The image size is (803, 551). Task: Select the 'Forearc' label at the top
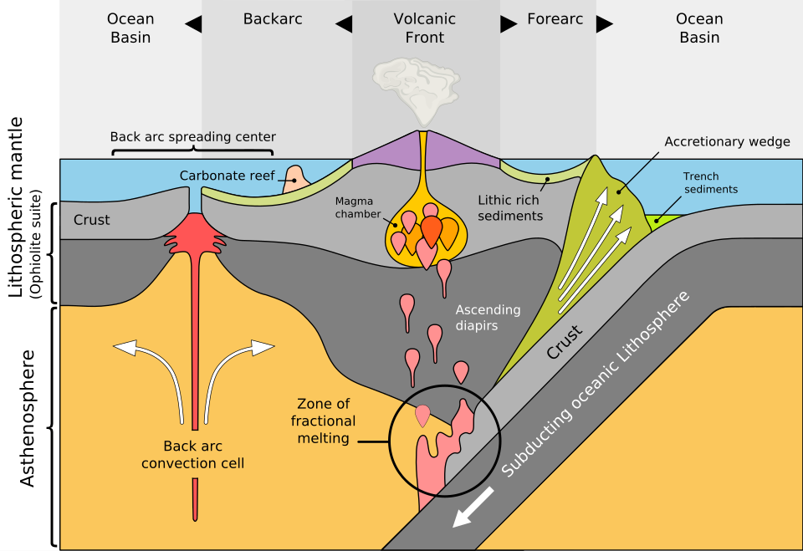[x=555, y=18]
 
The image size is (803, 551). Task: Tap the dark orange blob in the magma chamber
[x=431, y=230]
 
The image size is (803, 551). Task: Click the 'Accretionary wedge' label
[x=727, y=141]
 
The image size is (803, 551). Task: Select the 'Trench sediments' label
[x=710, y=182]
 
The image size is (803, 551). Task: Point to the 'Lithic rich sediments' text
[x=510, y=208]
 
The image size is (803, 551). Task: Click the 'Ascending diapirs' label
[x=488, y=318]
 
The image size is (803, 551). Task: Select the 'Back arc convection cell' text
[x=192, y=454]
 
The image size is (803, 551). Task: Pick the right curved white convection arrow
[x=234, y=368]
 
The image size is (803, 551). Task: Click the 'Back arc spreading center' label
[x=192, y=136]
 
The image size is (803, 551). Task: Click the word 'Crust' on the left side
[x=91, y=220]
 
